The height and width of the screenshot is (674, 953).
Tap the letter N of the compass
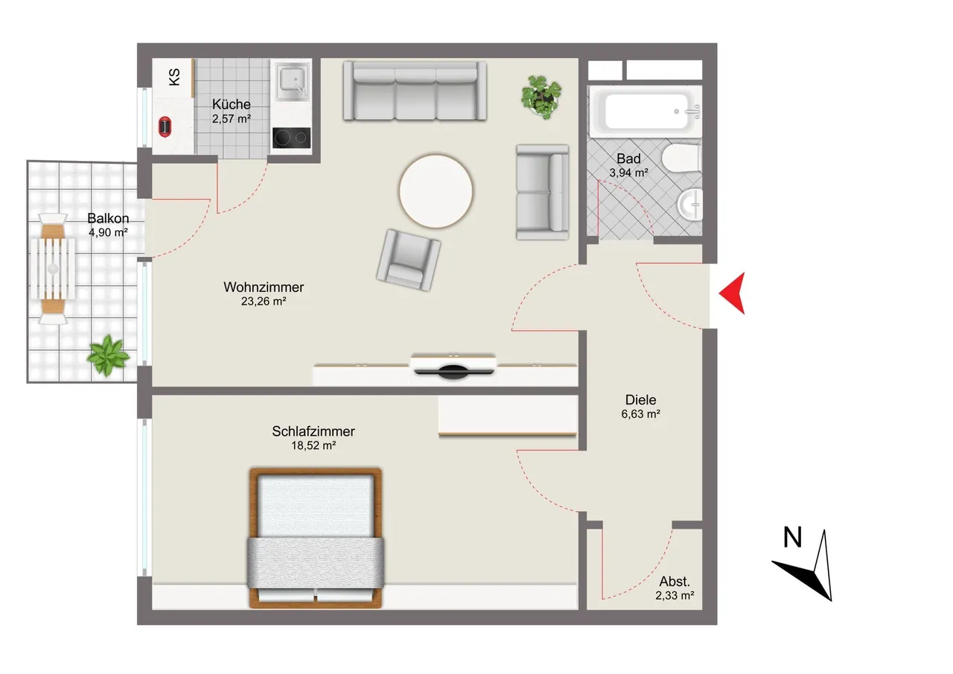(x=793, y=537)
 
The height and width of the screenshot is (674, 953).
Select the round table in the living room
(x=436, y=191)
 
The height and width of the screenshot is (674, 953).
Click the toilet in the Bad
(x=681, y=159)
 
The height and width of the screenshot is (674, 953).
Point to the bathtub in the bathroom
(x=645, y=112)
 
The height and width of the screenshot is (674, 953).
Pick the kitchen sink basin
(x=293, y=81)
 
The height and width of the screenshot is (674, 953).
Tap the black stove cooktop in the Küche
(x=291, y=138)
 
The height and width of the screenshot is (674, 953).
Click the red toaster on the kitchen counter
(x=165, y=127)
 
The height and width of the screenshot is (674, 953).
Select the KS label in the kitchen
(x=174, y=77)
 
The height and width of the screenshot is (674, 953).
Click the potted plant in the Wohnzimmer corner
(x=541, y=98)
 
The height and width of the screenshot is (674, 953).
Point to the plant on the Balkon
(x=108, y=356)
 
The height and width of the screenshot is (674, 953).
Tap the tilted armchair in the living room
(x=408, y=261)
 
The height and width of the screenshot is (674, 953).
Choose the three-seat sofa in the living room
(x=415, y=91)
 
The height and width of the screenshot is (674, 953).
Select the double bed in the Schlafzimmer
(x=315, y=538)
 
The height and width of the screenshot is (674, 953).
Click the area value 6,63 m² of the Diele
(x=640, y=414)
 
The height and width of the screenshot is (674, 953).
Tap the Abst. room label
(x=675, y=581)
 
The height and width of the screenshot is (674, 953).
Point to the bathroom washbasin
(x=689, y=204)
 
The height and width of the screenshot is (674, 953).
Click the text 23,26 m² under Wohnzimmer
(x=264, y=302)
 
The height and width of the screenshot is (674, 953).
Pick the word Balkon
(x=108, y=218)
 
